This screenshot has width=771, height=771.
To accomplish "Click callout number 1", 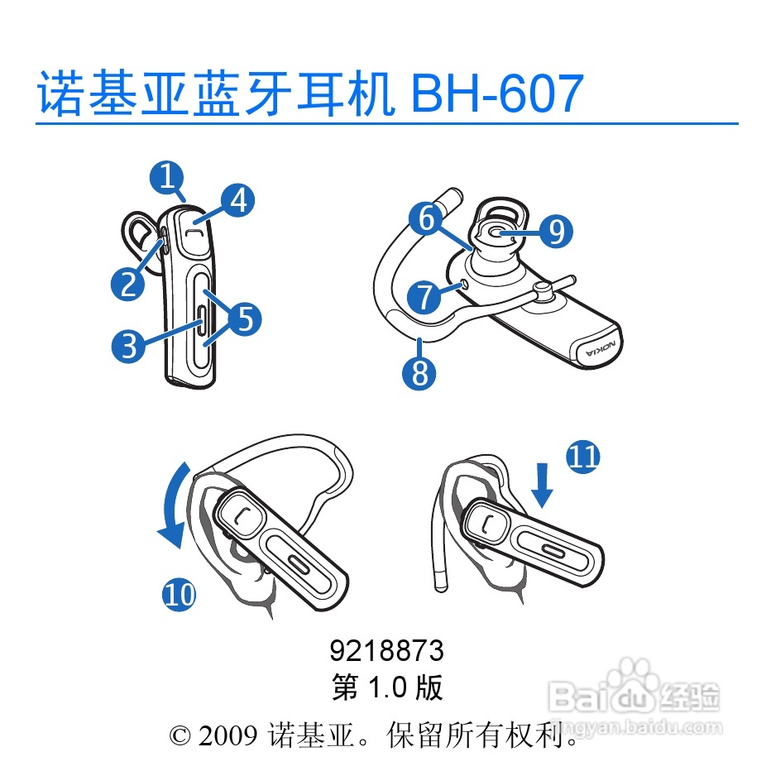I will pyautogui.click(x=167, y=178).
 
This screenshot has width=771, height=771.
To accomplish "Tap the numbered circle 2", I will pyautogui.click(x=128, y=285).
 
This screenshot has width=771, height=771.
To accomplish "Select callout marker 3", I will pyautogui.click(x=128, y=346).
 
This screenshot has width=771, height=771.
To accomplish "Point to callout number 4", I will pyautogui.click(x=238, y=201).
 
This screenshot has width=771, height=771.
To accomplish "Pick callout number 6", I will pyautogui.click(x=426, y=219).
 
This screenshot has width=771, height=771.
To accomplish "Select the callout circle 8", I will pyautogui.click(x=419, y=373).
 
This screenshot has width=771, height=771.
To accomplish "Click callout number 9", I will pyautogui.click(x=556, y=232).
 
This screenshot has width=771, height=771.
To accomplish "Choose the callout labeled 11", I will pyautogui.click(x=583, y=457).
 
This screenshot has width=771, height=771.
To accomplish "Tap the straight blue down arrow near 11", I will pyautogui.click(x=543, y=485).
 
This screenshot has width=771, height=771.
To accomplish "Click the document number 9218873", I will pyautogui.click(x=386, y=651).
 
